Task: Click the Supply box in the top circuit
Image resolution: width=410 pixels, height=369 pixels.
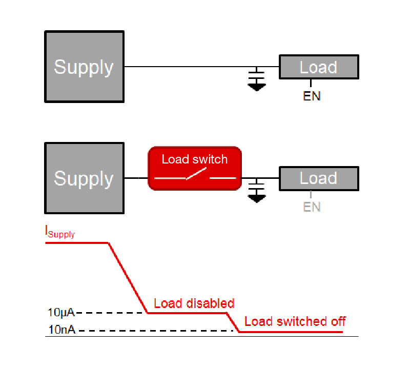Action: pos(85,67)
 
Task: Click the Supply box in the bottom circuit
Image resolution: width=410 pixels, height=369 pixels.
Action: pos(85,178)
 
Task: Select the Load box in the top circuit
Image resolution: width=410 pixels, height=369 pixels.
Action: pos(318,67)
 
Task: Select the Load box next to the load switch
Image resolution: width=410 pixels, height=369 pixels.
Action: pos(318,178)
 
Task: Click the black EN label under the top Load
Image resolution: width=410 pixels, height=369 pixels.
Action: pos(312,96)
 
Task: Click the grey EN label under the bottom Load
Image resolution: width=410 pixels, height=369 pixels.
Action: pos(312,207)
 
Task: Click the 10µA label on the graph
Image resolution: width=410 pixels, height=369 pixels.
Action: pos(61,312)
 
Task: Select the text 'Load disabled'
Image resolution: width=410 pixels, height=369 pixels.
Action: pos(194,303)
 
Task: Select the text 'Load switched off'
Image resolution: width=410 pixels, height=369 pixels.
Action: pos(295,321)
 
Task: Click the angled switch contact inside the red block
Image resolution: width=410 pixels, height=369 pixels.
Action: pos(195,175)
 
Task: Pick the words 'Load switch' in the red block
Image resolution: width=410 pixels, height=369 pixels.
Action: pos(195,159)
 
